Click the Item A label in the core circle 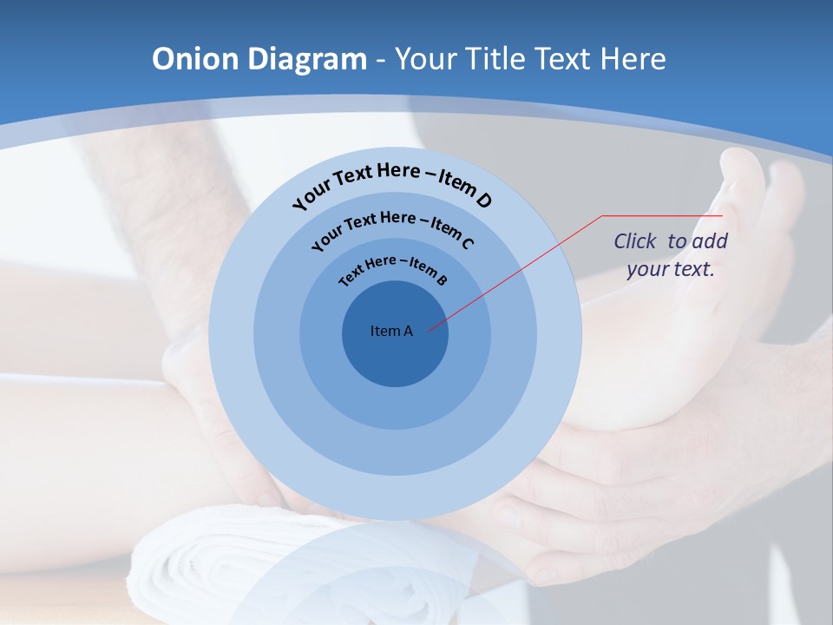pos(391,331)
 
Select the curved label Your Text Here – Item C pos(392,227)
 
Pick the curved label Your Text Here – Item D pos(392,183)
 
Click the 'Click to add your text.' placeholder pos(671,255)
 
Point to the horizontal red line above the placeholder pos(663,215)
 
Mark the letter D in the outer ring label pos(483,201)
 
